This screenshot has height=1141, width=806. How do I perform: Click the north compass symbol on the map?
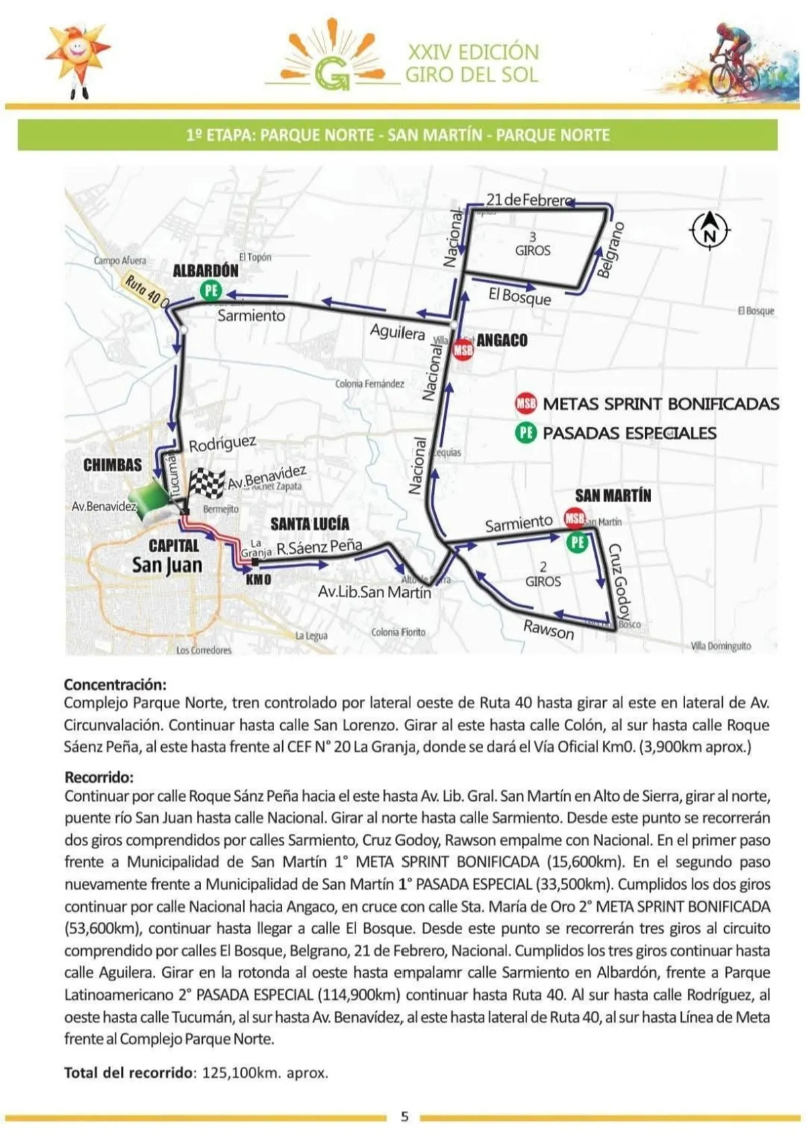(710, 231)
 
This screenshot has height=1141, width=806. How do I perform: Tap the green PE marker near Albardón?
(211, 290)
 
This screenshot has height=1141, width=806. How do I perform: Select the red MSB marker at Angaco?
(463, 350)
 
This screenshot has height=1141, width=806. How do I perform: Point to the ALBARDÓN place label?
(206, 271)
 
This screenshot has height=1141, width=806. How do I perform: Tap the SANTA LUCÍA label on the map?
(310, 523)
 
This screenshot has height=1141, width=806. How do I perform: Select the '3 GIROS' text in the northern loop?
(533, 244)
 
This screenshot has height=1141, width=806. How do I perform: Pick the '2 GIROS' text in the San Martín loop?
(543, 575)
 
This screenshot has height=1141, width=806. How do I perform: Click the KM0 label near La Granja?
(259, 579)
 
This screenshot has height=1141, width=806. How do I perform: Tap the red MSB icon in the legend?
(526, 404)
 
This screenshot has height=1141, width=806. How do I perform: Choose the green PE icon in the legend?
(526, 433)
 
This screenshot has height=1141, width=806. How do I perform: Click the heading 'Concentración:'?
(115, 685)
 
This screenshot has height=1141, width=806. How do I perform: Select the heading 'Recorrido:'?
(99, 777)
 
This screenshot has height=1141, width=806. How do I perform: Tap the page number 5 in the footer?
(404, 1117)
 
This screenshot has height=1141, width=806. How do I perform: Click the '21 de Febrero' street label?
(528, 200)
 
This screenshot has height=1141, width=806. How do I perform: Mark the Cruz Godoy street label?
(620, 581)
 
